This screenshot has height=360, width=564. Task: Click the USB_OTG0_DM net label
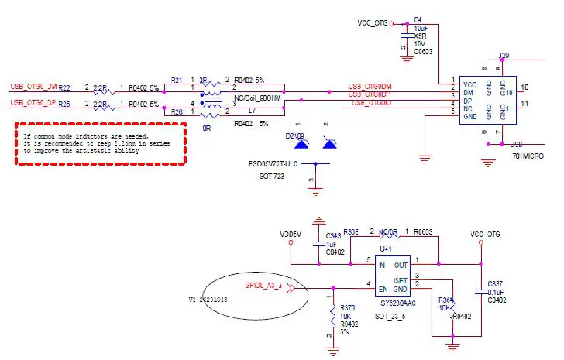coord(33,87)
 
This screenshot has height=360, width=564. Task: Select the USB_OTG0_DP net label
coord(33,102)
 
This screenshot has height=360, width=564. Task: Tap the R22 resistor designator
coord(65,87)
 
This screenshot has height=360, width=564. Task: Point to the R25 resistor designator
coord(65,104)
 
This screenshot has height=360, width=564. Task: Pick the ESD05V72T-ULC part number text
coord(273,164)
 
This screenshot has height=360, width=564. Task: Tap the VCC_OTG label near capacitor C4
coord(373,23)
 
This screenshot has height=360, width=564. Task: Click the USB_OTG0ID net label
coord(371,102)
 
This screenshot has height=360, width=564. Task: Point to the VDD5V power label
coord(291,233)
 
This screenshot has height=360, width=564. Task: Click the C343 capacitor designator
coord(333,235)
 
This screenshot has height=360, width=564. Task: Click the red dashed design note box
coord(100,142)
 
